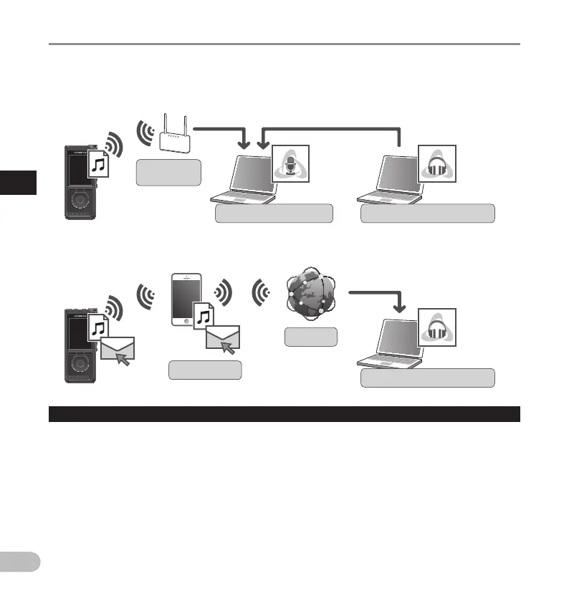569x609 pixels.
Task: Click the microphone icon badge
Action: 292,163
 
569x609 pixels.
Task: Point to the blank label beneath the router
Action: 168,173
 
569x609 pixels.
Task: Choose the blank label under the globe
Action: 310,337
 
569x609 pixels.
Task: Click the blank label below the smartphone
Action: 205,370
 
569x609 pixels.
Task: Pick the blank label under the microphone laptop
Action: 274,213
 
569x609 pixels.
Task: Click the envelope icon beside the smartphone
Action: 222,338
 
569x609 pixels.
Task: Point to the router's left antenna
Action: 164,123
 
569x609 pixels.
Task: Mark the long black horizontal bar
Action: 284,414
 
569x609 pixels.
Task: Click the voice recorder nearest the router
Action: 80,182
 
